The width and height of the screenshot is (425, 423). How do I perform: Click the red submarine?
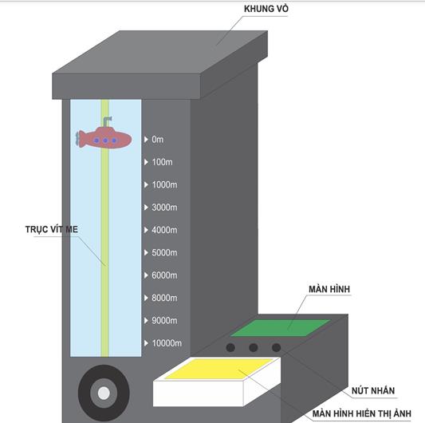pyautogui.click(x=104, y=138)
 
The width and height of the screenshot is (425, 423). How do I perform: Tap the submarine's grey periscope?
pyautogui.click(x=107, y=121)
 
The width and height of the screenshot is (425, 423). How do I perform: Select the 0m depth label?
pyautogui.click(x=157, y=140)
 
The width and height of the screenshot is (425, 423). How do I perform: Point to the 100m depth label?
pyautogui.click(x=162, y=162)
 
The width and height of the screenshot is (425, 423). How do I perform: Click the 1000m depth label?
pyautogui.click(x=164, y=185)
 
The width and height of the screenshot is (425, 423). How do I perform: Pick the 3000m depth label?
pyautogui.click(x=164, y=208)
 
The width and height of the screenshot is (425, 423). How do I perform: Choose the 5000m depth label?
pyautogui.click(x=164, y=253)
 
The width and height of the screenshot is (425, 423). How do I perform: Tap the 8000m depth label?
pyautogui.click(x=164, y=298)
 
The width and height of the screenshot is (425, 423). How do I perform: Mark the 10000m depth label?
pyautogui.click(x=167, y=343)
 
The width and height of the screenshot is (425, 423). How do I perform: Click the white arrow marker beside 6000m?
pyautogui.click(x=146, y=275)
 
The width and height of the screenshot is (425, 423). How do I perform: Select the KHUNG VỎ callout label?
pyautogui.click(x=266, y=9)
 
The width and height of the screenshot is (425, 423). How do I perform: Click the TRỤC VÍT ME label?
pyautogui.click(x=52, y=230)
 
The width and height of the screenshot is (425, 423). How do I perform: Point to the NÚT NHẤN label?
pyautogui.click(x=373, y=391)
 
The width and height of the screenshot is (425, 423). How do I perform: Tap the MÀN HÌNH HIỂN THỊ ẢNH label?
pyautogui.click(x=361, y=413)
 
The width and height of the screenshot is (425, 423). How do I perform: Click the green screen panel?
pyautogui.click(x=280, y=328)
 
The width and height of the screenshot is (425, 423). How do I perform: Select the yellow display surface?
pyautogui.click(x=219, y=369)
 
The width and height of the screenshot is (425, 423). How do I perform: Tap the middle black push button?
pyautogui.click(x=253, y=347)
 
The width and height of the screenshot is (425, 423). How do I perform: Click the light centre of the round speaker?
pyautogui.click(x=104, y=393)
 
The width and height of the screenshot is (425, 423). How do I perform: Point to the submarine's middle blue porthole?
pyautogui.click(x=105, y=140)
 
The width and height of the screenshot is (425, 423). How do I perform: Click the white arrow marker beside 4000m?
pyautogui.click(x=146, y=230)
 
